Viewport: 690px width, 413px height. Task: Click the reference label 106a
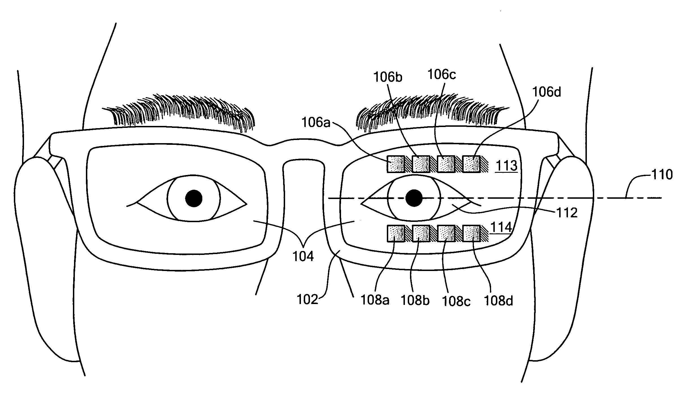pyautogui.click(x=316, y=123)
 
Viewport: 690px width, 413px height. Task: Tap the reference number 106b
pyautogui.click(x=388, y=77)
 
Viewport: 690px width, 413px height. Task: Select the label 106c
pyautogui.click(x=442, y=75)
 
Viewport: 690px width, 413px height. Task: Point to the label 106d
pyautogui.click(x=546, y=92)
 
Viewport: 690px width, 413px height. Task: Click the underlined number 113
pyautogui.click(x=506, y=166)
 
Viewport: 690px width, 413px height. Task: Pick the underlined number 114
pyautogui.click(x=501, y=227)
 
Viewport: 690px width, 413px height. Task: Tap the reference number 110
pyautogui.click(x=662, y=175)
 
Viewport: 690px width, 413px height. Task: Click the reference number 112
pyautogui.click(x=567, y=213)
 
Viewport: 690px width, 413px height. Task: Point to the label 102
pyautogui.click(x=307, y=300)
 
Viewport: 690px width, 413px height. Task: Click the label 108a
pyautogui.click(x=375, y=300)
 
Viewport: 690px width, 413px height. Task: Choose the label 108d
pyautogui.click(x=498, y=301)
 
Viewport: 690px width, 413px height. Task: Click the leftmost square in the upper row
pyautogui.click(x=396, y=164)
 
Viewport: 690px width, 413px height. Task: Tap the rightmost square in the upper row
pyautogui.click(x=471, y=164)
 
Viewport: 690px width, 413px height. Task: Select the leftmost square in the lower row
pyautogui.click(x=396, y=233)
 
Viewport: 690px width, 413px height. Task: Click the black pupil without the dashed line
pyautogui.click(x=194, y=198)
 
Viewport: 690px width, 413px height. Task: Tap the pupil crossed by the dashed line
pyautogui.click(x=414, y=198)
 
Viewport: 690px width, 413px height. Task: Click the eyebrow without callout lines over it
pyautogui.click(x=181, y=113)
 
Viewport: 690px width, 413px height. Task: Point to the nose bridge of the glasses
pyautogui.click(x=304, y=143)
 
